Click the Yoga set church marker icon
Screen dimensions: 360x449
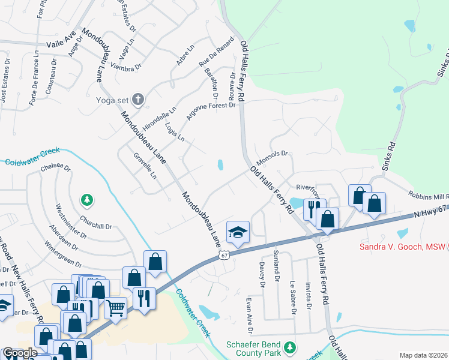click(x=138, y=99)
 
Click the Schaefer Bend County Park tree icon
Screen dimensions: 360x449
click(x=291, y=347)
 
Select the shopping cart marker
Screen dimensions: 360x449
click(x=115, y=307)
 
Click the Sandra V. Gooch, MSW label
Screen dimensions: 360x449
click(x=403, y=246)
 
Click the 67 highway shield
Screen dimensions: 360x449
click(x=223, y=256)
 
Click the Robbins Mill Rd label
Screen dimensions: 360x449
click(x=428, y=196)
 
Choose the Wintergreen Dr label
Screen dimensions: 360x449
click(x=62, y=254)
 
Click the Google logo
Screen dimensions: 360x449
click(x=20, y=353)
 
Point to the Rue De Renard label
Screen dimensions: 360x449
click(x=217, y=52)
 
